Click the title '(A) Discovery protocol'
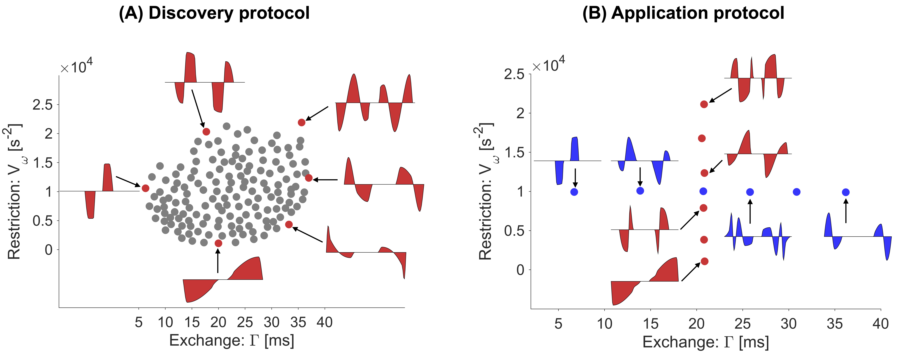(x=214, y=13)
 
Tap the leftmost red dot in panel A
(x=146, y=188)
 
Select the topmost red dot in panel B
(x=704, y=104)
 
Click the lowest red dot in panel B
(x=704, y=261)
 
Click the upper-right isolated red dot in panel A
(x=302, y=122)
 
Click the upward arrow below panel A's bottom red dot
(x=218, y=262)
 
